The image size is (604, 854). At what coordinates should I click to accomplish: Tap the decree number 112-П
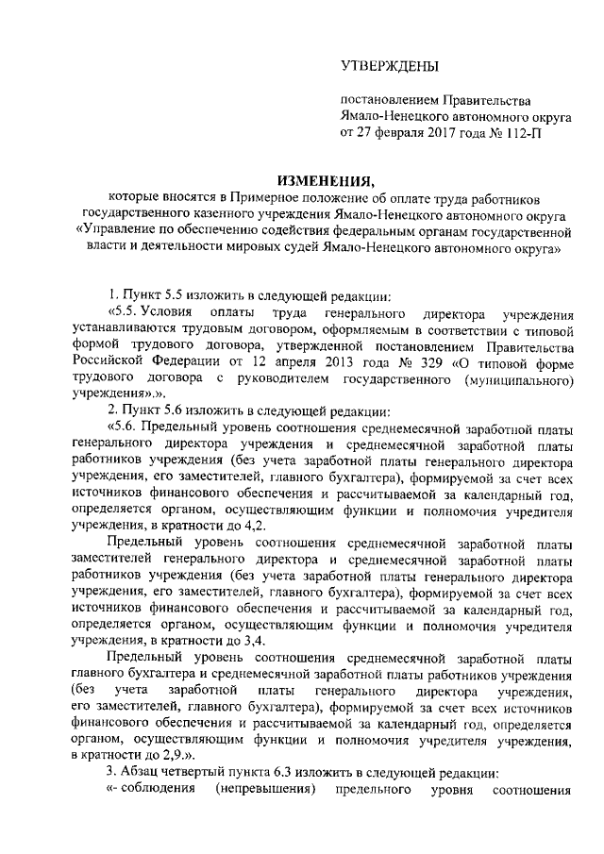point(520,133)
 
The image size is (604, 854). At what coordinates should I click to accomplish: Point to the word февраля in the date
point(397,133)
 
